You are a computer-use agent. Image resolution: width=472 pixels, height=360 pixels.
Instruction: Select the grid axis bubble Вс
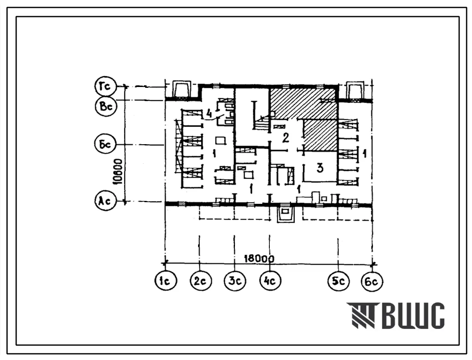pos(106,106)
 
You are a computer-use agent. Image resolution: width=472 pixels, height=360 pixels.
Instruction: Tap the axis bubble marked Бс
pos(105,144)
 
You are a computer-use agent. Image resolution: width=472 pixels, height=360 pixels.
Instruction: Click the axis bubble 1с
pos(166,280)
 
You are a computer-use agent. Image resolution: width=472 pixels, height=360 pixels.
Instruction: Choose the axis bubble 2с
pos(201,280)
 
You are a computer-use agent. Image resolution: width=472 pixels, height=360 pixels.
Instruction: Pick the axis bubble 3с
pos(235,280)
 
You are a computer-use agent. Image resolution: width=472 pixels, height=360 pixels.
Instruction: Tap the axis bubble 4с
pos(270,280)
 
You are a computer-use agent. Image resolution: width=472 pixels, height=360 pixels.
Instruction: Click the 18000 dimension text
pos(259,258)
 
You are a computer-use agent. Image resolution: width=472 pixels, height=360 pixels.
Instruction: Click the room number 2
pos(286,138)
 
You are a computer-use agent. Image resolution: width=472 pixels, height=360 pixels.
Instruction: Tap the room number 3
pos(320,168)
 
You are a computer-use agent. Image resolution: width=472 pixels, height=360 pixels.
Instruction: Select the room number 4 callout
pos(210,114)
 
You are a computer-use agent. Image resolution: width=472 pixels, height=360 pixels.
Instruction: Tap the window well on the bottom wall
pos(286,213)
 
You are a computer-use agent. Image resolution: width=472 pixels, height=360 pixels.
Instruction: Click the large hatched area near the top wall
pos(303,104)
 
